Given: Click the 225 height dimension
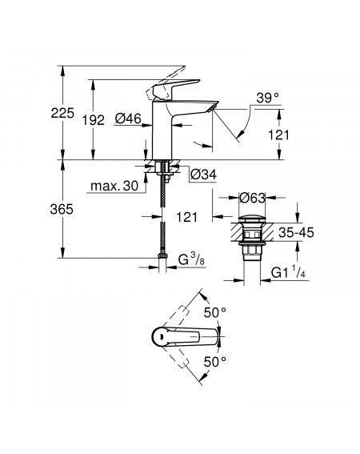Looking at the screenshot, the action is [x=62, y=113].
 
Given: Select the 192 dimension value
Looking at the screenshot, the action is [x=93, y=120].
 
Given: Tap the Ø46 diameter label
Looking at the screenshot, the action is [x=128, y=119].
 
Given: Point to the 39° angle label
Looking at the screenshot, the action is [x=268, y=98].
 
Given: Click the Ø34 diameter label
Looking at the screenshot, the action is [x=204, y=175].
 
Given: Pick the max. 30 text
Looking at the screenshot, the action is [x=114, y=186].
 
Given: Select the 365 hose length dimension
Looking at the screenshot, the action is [x=62, y=209].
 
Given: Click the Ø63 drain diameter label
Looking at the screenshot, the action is [x=252, y=198].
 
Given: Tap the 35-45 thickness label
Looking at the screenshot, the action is [x=296, y=232].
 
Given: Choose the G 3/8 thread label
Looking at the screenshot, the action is [x=191, y=259].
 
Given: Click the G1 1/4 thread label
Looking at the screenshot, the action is [x=288, y=272].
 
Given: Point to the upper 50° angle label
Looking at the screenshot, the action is [x=215, y=312].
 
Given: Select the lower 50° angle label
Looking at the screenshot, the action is [x=215, y=362].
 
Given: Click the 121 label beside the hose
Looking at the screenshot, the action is [x=187, y=217].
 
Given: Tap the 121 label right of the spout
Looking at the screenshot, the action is [x=278, y=135].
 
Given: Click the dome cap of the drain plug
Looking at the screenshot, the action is [x=252, y=219].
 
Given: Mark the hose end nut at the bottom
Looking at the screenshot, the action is [x=162, y=256].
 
